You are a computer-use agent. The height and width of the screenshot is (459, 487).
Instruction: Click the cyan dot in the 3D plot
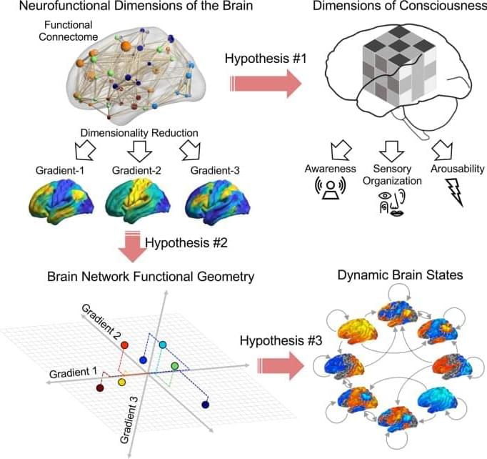pyautogui.click(x=164, y=345)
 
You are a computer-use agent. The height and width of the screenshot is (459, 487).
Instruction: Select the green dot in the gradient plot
pyautogui.click(x=175, y=367)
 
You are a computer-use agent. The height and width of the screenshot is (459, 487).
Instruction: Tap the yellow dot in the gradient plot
pyautogui.click(x=122, y=382)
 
